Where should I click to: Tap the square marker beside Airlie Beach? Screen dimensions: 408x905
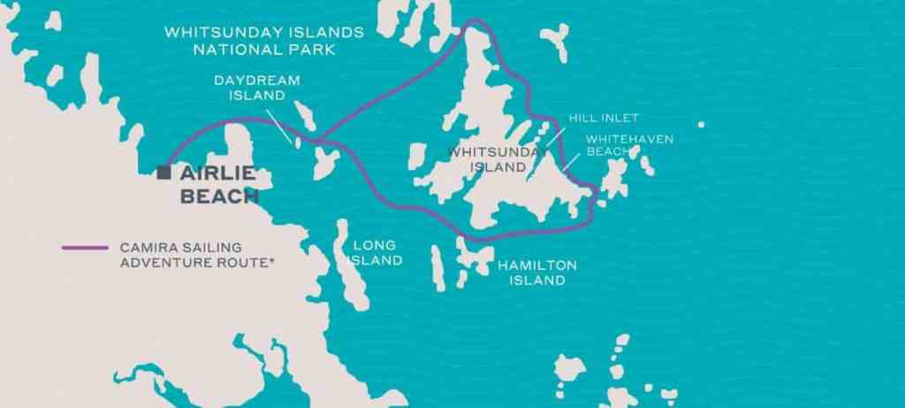click(x=164, y=173)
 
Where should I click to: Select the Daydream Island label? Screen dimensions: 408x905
click(x=256, y=87)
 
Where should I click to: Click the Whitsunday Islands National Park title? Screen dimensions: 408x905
click(x=264, y=41)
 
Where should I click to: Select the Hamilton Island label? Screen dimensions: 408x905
click(x=536, y=273)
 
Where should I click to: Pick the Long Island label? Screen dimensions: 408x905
click(x=374, y=252)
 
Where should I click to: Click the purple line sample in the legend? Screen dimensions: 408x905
click(x=87, y=248)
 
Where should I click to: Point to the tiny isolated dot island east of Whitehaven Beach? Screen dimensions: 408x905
click(x=701, y=125)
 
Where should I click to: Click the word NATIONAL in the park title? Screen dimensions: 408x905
click(x=232, y=50)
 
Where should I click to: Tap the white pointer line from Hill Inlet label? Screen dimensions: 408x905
click(x=555, y=134)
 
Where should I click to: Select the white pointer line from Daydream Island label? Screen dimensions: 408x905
click(x=280, y=126)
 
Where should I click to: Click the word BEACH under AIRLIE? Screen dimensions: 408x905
click(x=218, y=196)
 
